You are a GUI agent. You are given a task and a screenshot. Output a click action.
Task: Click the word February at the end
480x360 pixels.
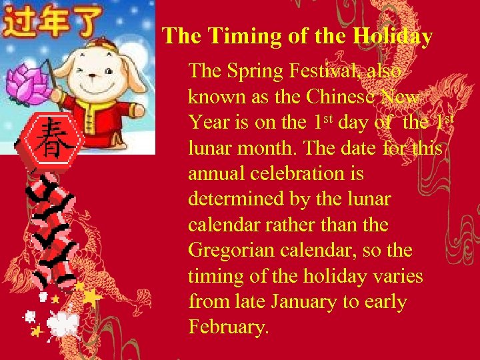(227, 327)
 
